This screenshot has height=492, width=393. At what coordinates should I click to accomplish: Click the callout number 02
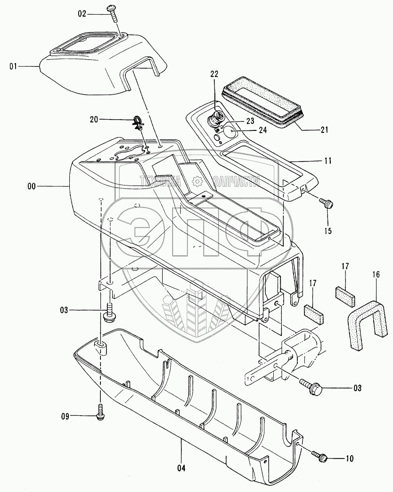coord(82,15)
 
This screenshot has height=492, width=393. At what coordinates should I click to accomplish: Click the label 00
coord(31,187)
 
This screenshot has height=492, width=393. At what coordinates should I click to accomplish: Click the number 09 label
coord(65,416)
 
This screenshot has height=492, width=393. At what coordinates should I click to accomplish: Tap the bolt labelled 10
coord(319,456)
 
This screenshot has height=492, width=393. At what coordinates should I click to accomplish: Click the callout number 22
coord(214,74)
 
